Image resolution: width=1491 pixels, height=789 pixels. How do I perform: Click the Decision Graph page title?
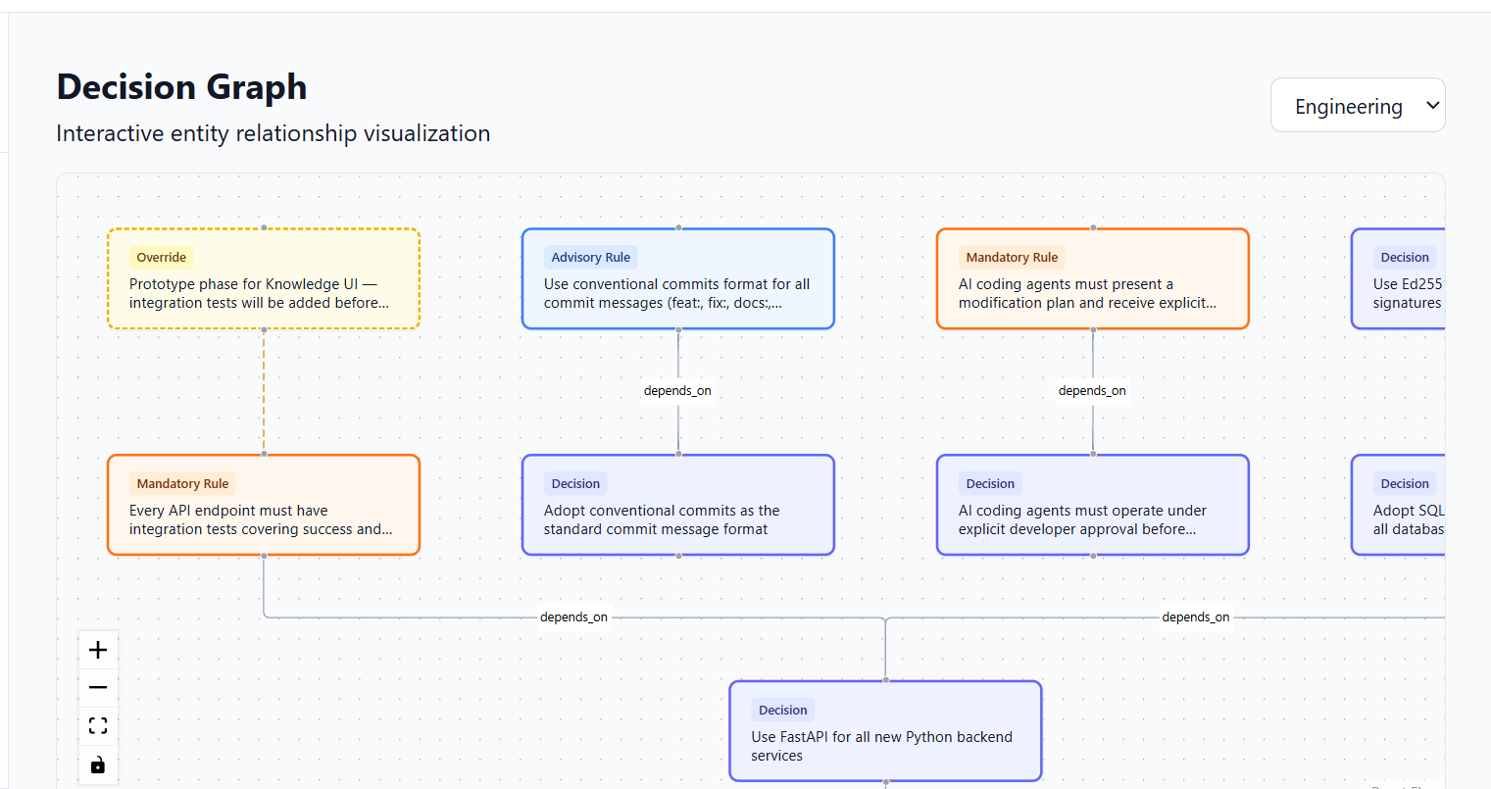pos(181,87)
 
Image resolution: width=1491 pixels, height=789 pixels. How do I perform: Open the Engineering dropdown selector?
pos(1357,106)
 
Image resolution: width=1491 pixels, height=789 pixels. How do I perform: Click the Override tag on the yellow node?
pos(161,258)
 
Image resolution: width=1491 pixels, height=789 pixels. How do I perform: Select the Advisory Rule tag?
pos(590,258)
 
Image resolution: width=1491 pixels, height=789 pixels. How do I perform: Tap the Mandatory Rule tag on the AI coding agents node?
pos(1012,258)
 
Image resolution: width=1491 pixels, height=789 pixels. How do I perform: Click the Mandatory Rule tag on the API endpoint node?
pos(182,484)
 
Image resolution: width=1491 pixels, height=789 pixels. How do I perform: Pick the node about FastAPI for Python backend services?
pos(884,731)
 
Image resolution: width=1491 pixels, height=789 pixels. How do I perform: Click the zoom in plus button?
pos(98,650)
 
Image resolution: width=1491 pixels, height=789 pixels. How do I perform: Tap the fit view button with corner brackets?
pos(98,726)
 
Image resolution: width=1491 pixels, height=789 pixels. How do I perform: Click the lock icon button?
pos(98,764)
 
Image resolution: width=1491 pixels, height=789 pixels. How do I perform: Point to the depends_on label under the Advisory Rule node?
pos(677,391)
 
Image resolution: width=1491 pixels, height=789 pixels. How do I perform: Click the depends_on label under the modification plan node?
pos(1092,391)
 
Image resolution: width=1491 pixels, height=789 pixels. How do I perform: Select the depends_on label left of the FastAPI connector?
pos(573,617)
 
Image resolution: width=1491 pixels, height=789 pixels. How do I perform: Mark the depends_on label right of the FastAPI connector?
pos(1195,617)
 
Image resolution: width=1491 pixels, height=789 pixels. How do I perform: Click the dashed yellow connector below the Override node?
pos(264,392)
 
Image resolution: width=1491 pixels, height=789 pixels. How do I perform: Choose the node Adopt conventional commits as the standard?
pos(677,506)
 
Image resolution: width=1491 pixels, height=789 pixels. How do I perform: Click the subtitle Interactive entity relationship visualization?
pos(273,134)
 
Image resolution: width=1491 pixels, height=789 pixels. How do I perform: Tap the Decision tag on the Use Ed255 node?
pos(1404,258)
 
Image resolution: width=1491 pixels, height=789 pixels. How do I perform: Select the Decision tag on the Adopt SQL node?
pos(1404,484)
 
